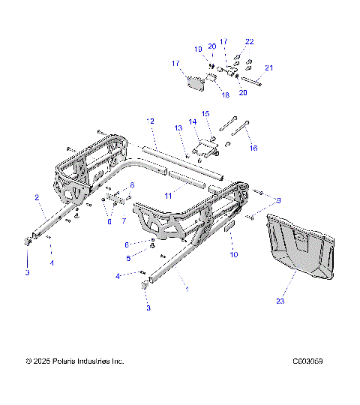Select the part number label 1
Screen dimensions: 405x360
(187, 288)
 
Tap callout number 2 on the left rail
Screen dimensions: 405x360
(37, 197)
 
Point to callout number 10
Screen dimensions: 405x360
(233, 255)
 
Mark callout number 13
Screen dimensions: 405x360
(179, 128)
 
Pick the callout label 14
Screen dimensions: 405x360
(193, 121)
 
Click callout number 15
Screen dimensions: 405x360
(205, 113)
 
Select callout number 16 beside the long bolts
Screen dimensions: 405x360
(253, 148)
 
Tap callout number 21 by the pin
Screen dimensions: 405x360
(268, 68)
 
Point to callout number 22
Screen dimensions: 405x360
(250, 41)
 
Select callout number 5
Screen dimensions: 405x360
(128, 258)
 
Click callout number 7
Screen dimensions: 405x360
(124, 220)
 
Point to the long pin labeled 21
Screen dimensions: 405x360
(252, 82)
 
